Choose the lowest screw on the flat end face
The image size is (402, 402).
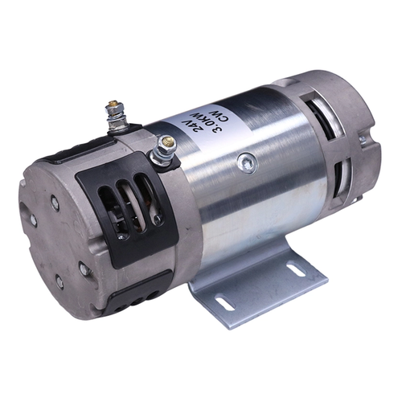tap(59, 282)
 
